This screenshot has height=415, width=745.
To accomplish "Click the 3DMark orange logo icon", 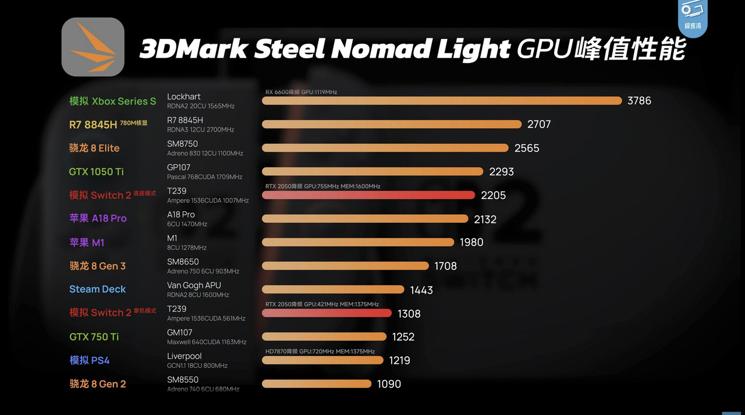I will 93,47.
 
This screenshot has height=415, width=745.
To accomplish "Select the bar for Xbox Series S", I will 442,101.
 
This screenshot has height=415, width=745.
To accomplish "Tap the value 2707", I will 538,125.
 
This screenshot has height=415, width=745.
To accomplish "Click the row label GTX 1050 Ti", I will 97,172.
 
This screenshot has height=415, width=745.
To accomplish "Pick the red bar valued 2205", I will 368,195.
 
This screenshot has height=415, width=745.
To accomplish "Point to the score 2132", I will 485,219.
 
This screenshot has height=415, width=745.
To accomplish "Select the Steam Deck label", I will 97,289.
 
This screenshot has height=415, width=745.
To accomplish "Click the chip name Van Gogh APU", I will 194,285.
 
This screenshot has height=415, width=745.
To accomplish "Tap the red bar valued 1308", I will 327,313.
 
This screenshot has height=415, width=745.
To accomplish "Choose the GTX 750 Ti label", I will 94,336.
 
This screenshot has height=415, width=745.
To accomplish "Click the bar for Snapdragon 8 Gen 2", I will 317,384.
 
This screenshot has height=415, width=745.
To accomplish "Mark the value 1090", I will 389,384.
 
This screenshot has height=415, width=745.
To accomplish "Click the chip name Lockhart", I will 183,97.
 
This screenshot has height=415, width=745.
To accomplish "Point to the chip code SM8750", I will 182,144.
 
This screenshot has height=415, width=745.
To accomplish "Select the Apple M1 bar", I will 358,242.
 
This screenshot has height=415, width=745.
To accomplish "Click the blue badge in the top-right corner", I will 693,17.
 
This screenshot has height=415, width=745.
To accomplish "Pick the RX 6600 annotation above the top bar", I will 301,92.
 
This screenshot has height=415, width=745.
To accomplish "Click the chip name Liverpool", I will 184,356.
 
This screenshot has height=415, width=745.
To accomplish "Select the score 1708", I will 445,266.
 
